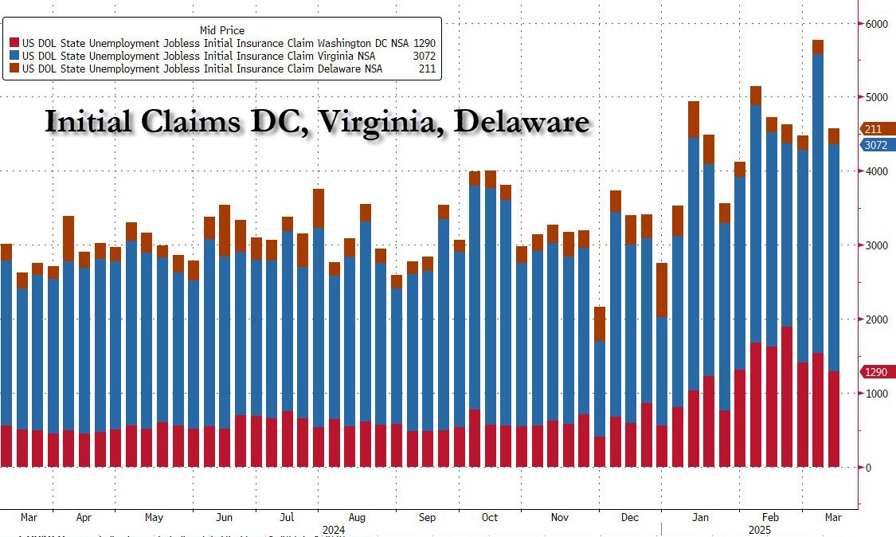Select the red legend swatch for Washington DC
click(14, 43)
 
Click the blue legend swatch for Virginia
click(14, 56)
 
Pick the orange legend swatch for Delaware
click(14, 69)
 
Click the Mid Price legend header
click(222, 30)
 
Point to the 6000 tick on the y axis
click(876, 24)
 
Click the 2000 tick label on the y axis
click(876, 319)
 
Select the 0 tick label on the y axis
click(870, 468)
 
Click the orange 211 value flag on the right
click(874, 129)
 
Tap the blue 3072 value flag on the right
click(876, 145)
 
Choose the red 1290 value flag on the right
click(876, 372)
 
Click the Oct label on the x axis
click(489, 517)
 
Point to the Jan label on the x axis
click(699, 517)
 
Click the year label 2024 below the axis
click(333, 529)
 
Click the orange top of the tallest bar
click(818, 47)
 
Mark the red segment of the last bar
click(834, 418)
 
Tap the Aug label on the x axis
click(357, 517)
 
